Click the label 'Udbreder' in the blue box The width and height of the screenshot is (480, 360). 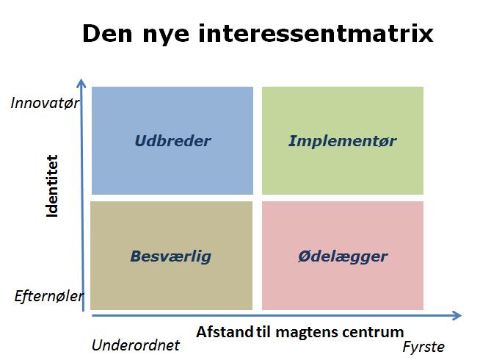172,141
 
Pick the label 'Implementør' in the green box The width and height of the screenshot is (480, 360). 343,141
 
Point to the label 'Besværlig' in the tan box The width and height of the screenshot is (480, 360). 171,256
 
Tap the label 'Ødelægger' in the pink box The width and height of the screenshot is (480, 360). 343,256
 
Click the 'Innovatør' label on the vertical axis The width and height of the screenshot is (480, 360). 45,102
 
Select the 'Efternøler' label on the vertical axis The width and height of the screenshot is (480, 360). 49,297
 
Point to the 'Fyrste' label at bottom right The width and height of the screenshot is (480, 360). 423,346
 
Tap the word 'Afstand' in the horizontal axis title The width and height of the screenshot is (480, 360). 224,331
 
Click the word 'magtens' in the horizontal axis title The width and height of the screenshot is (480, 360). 308,331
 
